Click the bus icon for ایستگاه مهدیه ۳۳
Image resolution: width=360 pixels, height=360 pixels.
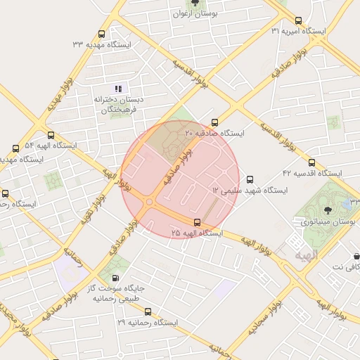[102, 34]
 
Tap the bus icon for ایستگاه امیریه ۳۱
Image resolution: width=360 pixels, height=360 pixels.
[299, 20]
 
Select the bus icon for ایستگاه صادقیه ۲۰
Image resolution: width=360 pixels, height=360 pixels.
[214, 122]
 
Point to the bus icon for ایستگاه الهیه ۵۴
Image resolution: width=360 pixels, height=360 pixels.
[50, 135]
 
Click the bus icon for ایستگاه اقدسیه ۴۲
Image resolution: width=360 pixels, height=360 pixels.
[311, 162]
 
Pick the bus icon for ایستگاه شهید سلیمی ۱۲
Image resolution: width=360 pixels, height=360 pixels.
[251, 179]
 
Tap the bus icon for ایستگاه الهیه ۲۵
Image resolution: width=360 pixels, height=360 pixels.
[196, 222]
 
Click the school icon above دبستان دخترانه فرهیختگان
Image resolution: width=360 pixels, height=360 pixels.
[118, 89]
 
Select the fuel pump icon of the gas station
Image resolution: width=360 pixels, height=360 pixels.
[115, 278]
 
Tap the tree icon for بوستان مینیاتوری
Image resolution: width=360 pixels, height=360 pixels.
[328, 210]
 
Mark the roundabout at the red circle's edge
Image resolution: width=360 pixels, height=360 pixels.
[148, 202]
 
